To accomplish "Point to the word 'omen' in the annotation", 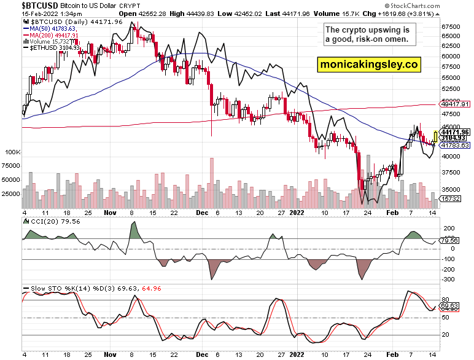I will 403,40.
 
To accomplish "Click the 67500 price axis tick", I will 451,27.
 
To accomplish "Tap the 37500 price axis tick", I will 451,173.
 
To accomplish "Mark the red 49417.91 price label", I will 455,104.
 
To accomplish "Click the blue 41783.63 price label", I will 455,146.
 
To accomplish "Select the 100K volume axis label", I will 12,151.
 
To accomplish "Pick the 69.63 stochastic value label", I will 451,305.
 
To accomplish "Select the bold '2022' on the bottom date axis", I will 296,354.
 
